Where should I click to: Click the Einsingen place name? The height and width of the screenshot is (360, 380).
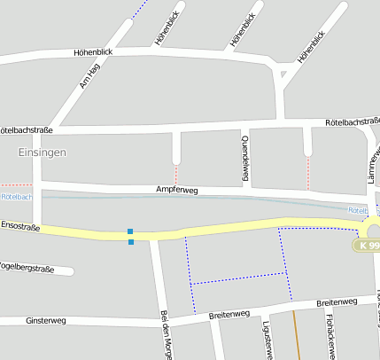(42, 153)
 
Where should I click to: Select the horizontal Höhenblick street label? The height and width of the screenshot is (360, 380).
(95, 53)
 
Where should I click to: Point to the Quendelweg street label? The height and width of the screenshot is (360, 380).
(245, 160)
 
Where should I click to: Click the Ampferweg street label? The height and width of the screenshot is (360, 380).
(176, 191)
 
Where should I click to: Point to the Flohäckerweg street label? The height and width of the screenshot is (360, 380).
(329, 336)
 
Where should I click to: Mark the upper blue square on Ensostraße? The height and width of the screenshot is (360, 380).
(130, 231)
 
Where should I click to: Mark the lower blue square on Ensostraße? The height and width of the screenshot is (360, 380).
(131, 241)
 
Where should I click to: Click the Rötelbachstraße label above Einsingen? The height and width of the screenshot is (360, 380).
(27, 129)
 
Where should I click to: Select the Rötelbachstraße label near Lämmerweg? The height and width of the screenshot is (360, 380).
(352, 121)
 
